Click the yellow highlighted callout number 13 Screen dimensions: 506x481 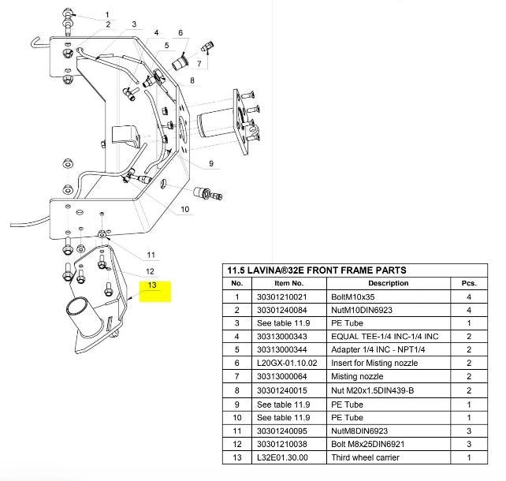point(151,285)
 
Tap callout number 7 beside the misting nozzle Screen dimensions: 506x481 point(199,64)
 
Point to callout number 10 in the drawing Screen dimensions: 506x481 point(184,209)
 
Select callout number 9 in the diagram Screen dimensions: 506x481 point(211,163)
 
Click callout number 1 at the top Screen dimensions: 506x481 point(107,14)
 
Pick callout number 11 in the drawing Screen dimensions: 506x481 point(151,255)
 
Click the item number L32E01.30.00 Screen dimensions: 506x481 point(282,457)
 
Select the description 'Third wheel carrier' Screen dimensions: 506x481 point(365,457)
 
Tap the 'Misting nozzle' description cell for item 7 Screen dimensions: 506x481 point(357,376)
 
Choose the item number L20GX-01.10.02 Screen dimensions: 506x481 point(287,364)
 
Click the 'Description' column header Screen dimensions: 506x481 point(389,283)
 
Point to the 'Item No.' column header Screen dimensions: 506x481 point(289,283)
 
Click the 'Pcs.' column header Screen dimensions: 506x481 point(469,283)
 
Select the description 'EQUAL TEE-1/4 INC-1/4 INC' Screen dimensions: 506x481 point(385,337)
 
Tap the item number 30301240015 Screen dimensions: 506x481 point(281,390)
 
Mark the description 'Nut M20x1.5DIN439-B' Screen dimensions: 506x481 point(372,390)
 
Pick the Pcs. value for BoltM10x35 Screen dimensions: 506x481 point(469,297)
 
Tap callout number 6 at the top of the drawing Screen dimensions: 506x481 point(180,32)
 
